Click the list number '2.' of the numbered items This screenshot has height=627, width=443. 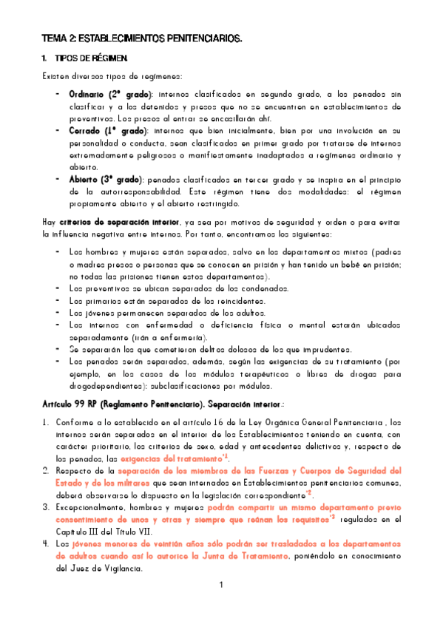(46, 471)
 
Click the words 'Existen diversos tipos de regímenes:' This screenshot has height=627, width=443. (113, 77)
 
